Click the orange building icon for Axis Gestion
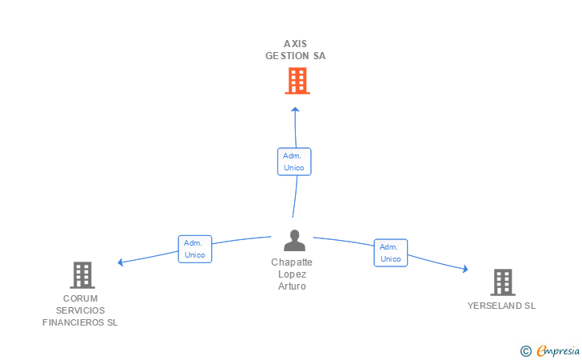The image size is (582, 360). [297, 81]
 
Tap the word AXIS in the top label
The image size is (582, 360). [296, 44]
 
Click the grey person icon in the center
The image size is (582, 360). [295, 241]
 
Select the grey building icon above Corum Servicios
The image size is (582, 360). [82, 275]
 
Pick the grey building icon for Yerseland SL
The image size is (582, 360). [502, 282]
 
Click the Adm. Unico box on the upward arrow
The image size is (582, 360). [294, 162]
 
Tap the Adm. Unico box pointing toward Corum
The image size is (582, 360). [194, 249]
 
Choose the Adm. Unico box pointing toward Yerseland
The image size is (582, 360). [390, 253]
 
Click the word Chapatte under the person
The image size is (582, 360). [293, 262]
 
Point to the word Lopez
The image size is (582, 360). [293, 274]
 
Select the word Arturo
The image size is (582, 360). [293, 286]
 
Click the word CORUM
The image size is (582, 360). [80, 298]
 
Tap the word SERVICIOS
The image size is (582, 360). [80, 310]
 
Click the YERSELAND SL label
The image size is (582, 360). [502, 306]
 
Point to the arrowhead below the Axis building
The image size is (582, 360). [295, 110]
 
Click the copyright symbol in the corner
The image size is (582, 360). [525, 350]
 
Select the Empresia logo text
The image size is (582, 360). [558, 350]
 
